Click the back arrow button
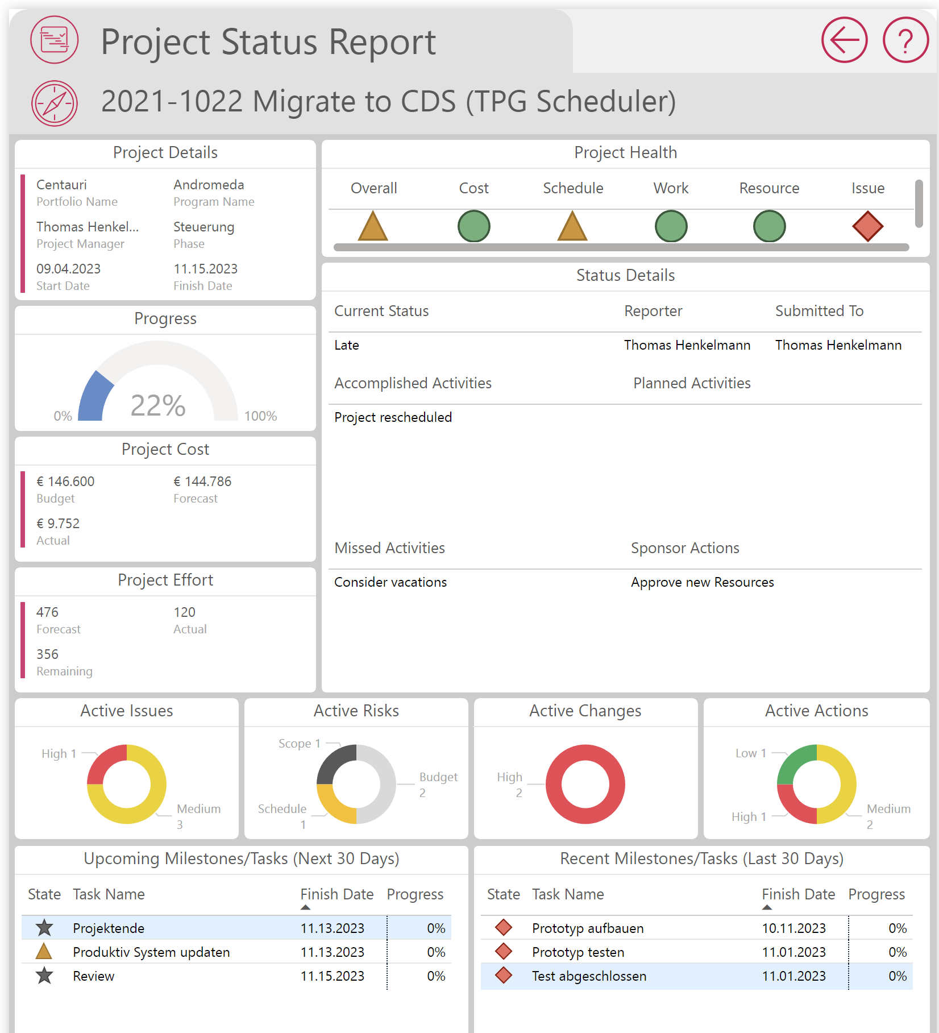click(x=844, y=40)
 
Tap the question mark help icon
click(x=905, y=40)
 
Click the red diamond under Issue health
click(x=867, y=226)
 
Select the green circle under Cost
click(x=473, y=226)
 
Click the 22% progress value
click(x=158, y=405)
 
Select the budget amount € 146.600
click(x=65, y=482)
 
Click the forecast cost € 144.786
click(x=202, y=482)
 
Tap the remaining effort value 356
click(x=47, y=654)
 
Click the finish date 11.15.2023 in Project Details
click(x=205, y=269)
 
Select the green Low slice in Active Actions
click(x=796, y=762)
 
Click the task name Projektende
click(x=109, y=928)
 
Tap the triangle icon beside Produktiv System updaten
click(x=44, y=952)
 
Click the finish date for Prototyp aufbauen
click(x=793, y=928)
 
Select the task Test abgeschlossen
click(x=589, y=976)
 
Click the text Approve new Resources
click(x=702, y=582)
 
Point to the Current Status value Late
click(x=347, y=345)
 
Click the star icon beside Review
click(x=44, y=976)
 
